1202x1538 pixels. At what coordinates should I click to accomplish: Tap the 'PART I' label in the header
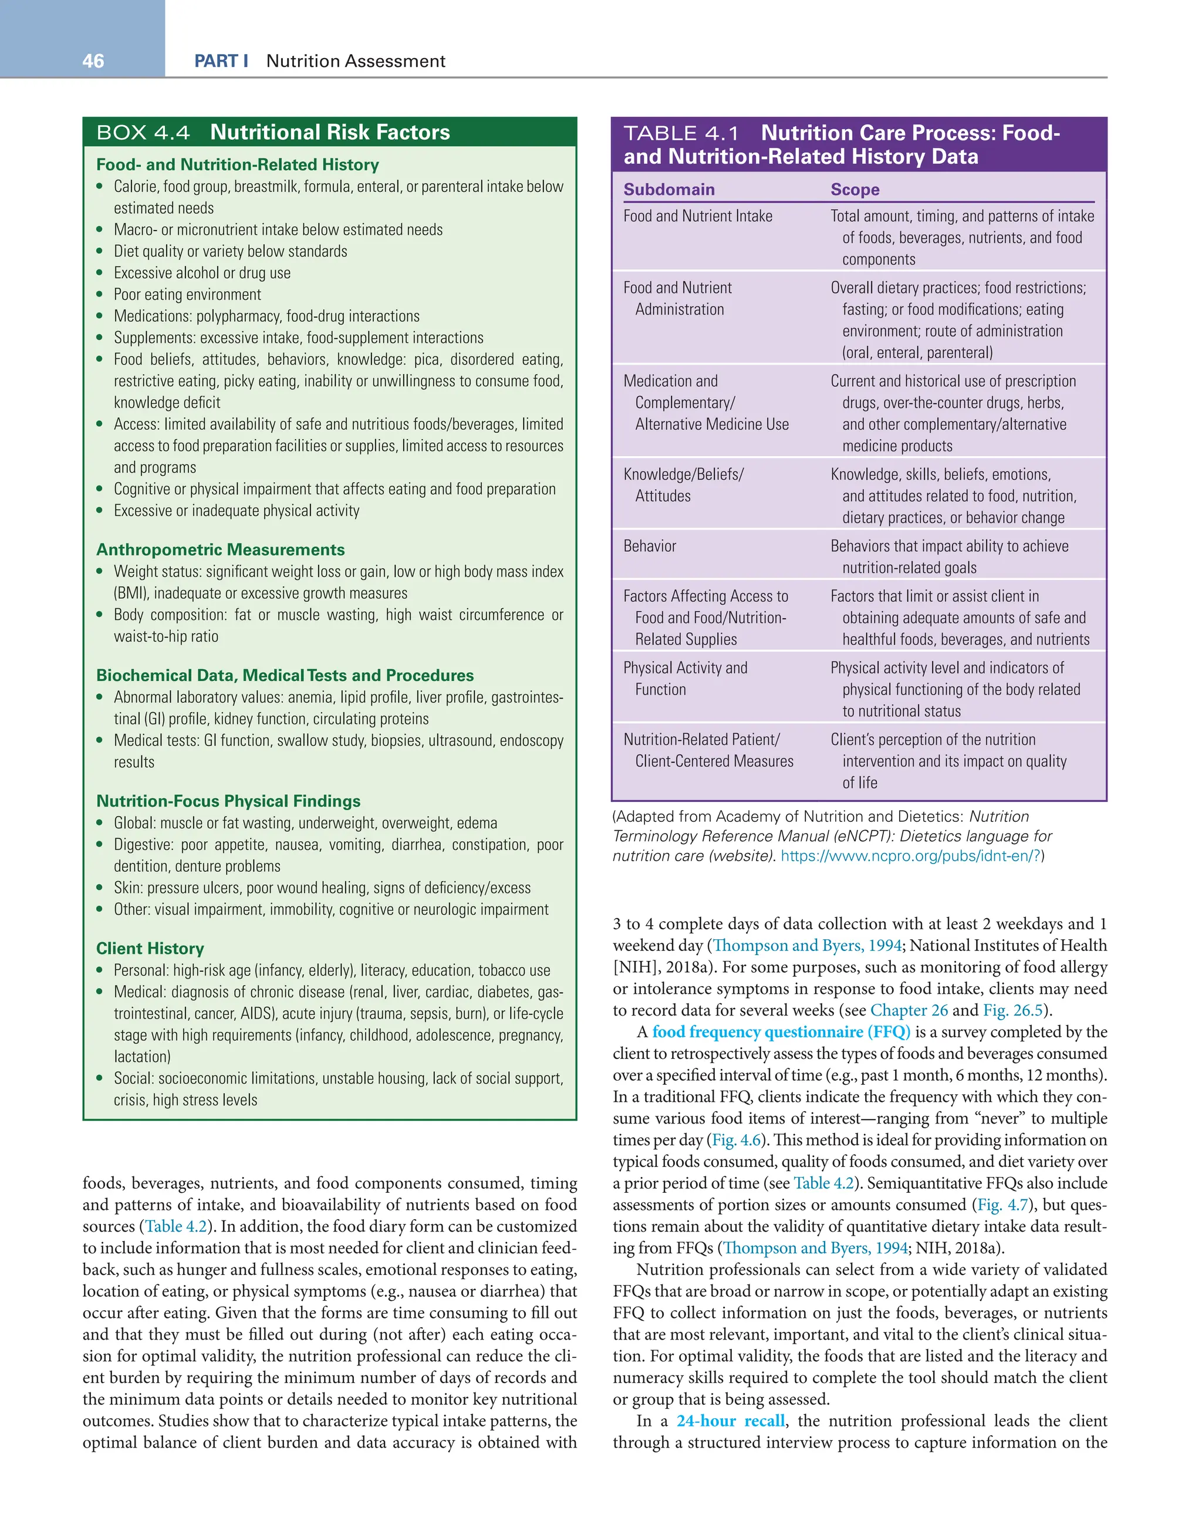pos(221,61)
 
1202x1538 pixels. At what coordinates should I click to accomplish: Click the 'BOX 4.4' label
pos(143,133)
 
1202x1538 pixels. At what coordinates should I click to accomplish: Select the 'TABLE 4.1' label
pos(681,133)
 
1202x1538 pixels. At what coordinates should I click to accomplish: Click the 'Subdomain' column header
pos(669,190)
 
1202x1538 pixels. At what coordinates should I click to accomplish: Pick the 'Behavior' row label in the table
pos(649,546)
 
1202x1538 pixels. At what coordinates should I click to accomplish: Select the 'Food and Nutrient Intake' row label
pos(697,216)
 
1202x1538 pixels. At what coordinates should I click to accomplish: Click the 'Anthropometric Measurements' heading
pos(221,549)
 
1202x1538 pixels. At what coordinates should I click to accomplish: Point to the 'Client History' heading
pos(150,948)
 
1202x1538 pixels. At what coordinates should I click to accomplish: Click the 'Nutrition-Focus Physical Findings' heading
pos(228,801)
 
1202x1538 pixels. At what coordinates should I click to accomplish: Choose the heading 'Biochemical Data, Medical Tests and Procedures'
pos(285,675)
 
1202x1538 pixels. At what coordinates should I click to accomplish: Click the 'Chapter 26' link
pos(909,1010)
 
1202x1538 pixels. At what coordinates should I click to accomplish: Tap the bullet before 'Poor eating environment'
pos(100,295)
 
